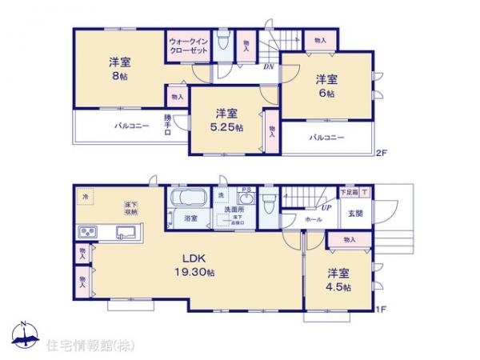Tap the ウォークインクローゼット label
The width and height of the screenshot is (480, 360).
tap(188, 46)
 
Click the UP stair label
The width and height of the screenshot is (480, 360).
tap(305, 206)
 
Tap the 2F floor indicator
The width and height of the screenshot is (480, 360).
tap(382, 152)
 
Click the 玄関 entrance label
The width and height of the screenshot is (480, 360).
tap(355, 214)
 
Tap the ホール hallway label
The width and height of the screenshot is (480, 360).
tap(314, 218)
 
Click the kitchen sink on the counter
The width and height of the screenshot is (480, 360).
tap(126, 233)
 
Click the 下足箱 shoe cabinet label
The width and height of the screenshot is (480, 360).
tap(350, 193)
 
